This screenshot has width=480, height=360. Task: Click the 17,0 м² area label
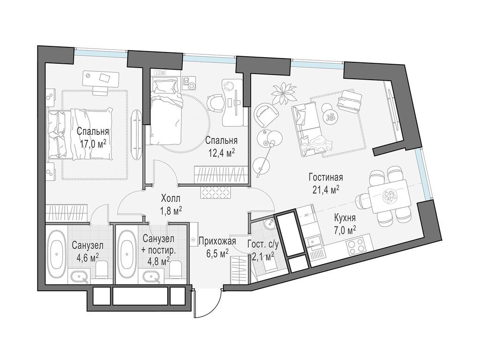pyautogui.click(x=93, y=143)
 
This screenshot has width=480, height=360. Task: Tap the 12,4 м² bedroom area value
pyautogui.click(x=221, y=152)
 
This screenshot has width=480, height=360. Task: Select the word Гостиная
pyautogui.click(x=326, y=177)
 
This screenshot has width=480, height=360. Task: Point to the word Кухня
pyautogui.click(x=345, y=218)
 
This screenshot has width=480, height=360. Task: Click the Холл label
pyautogui.click(x=171, y=199)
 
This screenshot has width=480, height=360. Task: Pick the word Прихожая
pyautogui.click(x=217, y=241)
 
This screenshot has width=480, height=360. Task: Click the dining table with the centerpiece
pyautogui.click(x=389, y=196)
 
